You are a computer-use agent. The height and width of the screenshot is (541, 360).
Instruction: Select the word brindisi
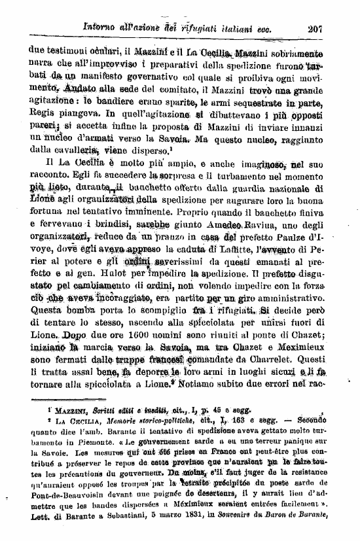tap(120, 243)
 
